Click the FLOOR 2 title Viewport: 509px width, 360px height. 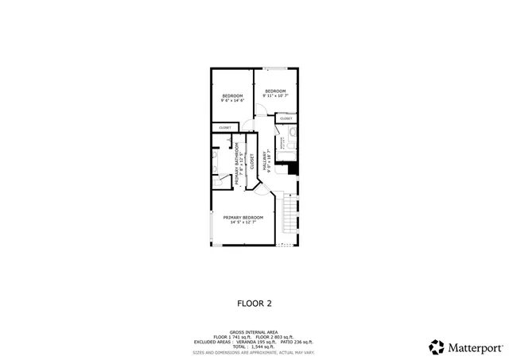click(x=254, y=303)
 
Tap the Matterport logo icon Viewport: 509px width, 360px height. click(x=437, y=346)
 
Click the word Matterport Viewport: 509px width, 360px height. click(x=475, y=347)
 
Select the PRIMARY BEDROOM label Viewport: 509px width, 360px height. click(x=243, y=218)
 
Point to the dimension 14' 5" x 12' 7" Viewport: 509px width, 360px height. click(x=243, y=223)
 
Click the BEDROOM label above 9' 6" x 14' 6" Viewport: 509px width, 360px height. click(x=231, y=95)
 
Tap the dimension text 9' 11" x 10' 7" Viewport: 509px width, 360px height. click(x=275, y=95)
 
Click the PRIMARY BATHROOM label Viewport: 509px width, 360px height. click(x=236, y=168)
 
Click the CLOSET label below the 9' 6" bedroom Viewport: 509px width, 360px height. click(x=225, y=127)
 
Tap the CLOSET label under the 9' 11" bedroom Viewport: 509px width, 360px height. click(x=285, y=119)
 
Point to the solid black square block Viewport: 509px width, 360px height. click(x=292, y=168)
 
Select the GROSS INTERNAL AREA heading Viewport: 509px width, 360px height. click(x=254, y=332)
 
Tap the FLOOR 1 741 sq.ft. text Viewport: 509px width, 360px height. click(x=231, y=337)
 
